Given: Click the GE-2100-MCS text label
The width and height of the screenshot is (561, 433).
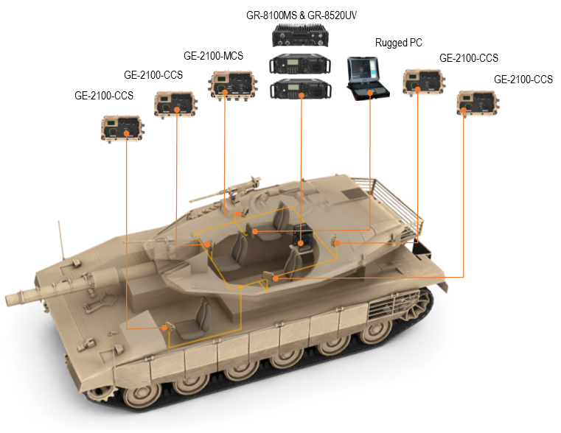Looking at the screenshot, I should (x=213, y=56).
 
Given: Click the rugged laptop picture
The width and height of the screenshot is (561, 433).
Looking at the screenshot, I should (x=370, y=78).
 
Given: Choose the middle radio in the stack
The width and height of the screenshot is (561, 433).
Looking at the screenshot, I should (x=301, y=64).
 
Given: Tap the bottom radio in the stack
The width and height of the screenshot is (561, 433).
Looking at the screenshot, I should (x=301, y=90).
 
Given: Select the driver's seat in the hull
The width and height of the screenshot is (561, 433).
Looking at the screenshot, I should (x=199, y=317).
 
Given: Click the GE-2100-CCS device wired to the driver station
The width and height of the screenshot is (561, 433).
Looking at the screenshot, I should (x=122, y=127).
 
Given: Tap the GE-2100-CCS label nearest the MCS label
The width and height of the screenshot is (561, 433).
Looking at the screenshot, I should (x=153, y=75).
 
